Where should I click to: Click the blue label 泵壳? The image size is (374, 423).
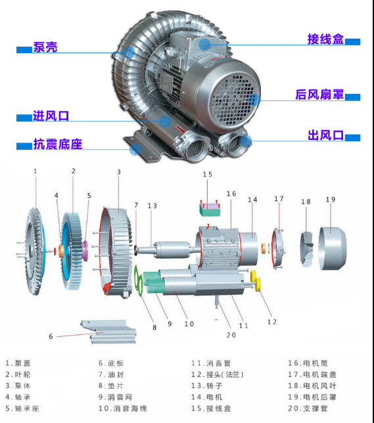45,47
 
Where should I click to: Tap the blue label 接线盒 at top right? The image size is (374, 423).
325,39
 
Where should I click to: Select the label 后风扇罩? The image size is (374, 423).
319,95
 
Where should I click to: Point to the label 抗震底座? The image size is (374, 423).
58,144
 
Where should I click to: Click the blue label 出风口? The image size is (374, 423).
325,135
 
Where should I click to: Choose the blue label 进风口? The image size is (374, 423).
51,116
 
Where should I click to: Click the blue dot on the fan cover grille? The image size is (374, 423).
254,100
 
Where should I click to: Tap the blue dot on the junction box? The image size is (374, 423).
205,44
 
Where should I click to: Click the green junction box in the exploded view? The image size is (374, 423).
210,210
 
